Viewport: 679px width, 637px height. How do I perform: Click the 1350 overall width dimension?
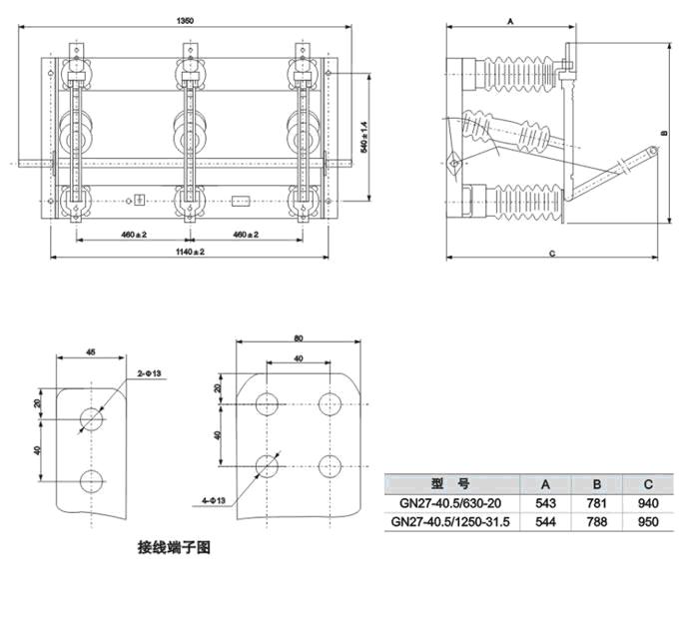(186, 20)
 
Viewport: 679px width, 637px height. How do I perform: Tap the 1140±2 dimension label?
(190, 252)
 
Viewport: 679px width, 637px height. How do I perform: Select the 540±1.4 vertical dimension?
(364, 137)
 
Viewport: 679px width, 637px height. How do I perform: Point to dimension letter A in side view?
(510, 21)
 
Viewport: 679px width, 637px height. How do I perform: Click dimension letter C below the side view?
(552, 254)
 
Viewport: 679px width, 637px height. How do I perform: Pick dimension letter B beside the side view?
(665, 134)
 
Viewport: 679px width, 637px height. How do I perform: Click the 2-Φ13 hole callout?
(150, 373)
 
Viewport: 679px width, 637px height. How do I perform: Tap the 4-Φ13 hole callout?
(214, 500)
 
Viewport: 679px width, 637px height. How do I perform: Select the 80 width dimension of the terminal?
(299, 338)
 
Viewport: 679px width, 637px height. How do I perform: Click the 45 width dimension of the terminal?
(91, 352)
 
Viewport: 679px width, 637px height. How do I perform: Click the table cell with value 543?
(545, 503)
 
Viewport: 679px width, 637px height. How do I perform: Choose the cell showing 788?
(597, 521)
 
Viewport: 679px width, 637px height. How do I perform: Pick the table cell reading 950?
(648, 521)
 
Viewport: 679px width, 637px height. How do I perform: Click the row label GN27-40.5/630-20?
(450, 503)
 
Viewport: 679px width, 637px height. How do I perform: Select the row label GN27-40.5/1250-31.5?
(450, 521)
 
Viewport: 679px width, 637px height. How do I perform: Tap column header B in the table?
(597, 484)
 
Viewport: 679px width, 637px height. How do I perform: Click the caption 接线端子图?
(174, 548)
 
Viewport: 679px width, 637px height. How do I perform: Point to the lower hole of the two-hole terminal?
(92, 481)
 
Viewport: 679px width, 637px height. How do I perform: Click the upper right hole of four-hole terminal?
(330, 404)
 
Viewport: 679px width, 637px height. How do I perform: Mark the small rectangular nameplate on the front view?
(241, 201)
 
